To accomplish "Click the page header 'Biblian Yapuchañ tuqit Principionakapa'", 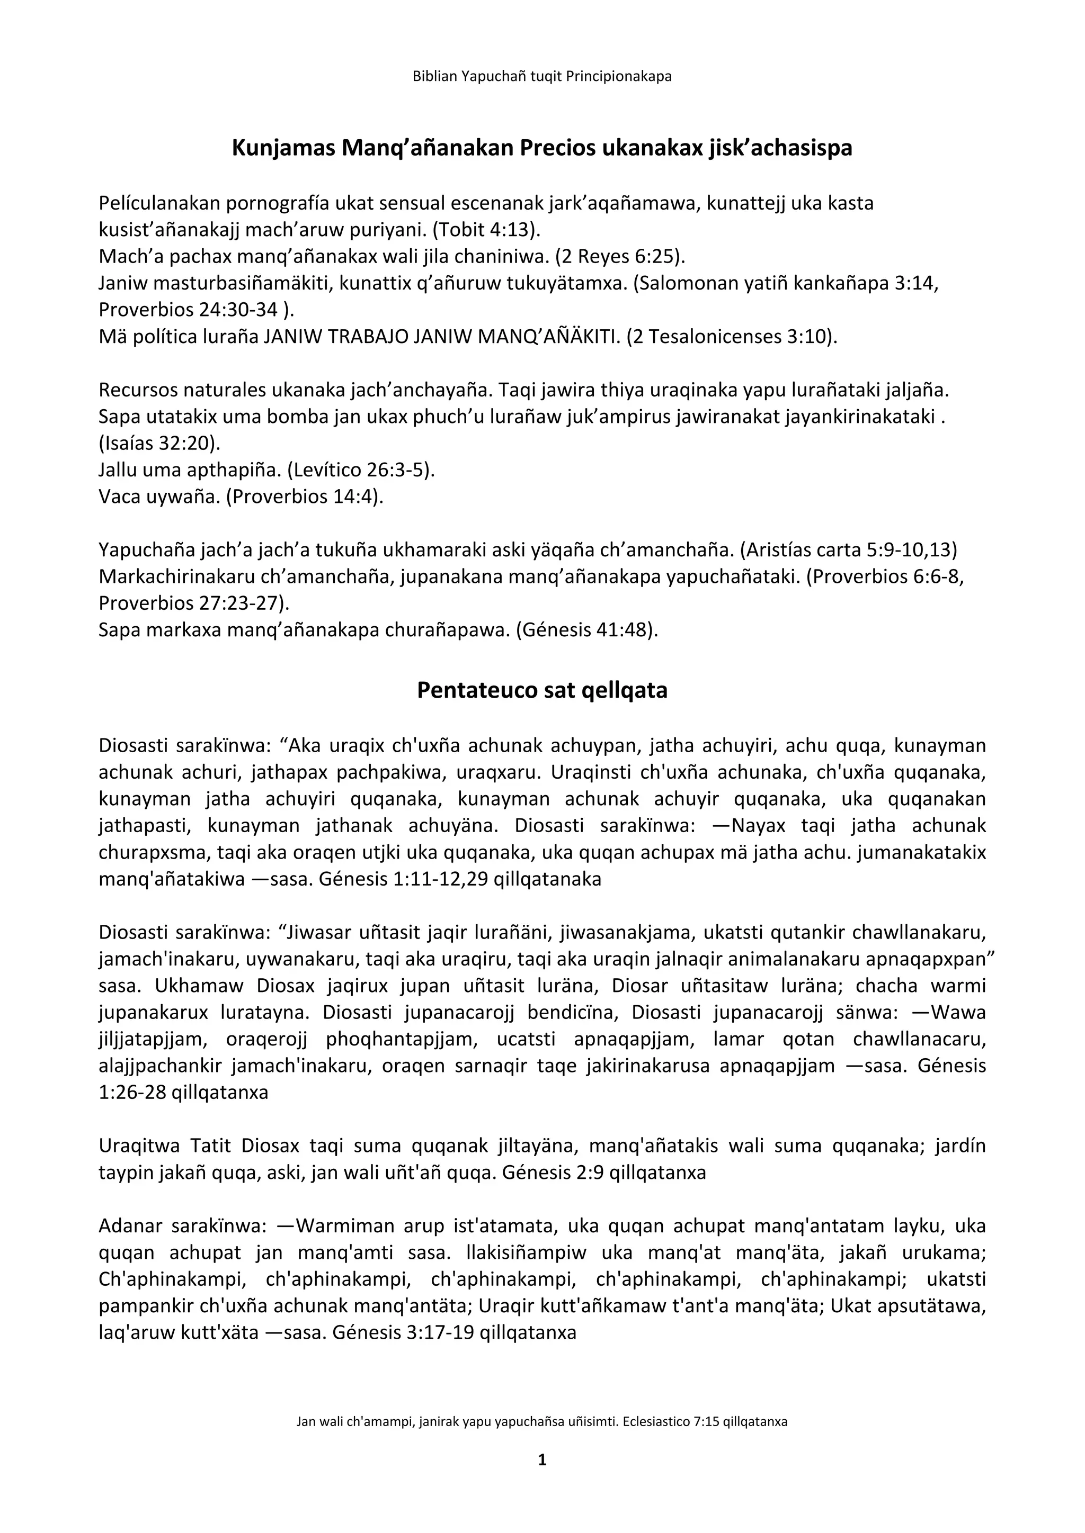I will [542, 76].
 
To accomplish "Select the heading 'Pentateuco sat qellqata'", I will [542, 690].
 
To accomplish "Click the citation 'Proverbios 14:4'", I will [304, 497].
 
